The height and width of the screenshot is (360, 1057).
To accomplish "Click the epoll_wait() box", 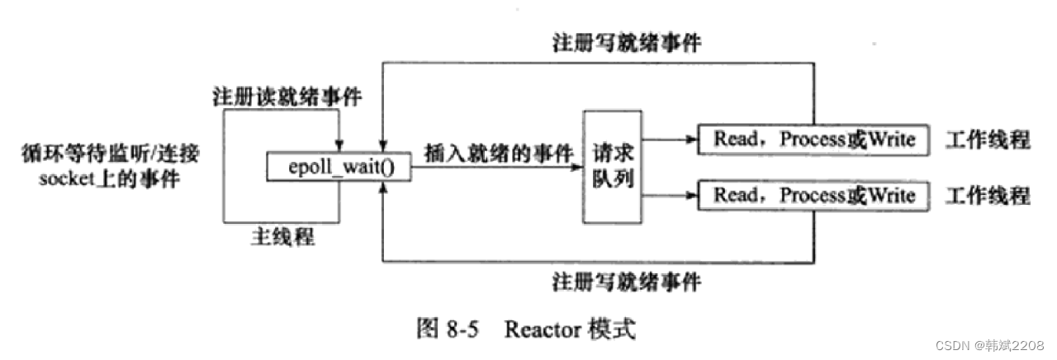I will point(339,168).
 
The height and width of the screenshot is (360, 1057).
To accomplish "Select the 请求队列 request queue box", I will point(613,168).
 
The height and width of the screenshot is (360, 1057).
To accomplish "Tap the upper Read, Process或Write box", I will point(813,140).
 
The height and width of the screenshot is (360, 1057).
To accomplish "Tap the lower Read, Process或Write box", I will point(813,196).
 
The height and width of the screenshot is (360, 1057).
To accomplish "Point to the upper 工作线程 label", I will point(988,140).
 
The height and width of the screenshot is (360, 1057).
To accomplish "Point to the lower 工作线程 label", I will point(988,196).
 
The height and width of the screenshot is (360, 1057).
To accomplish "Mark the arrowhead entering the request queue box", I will point(578,168).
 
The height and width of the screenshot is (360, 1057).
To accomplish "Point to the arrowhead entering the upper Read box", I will point(691,140).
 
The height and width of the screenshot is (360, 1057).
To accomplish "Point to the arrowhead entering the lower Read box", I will point(691,196).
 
